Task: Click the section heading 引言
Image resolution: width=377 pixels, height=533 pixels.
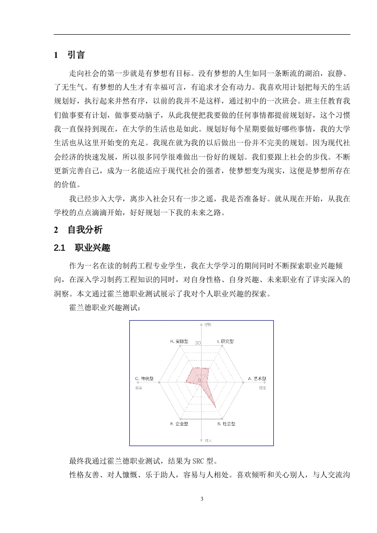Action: coord(76,55)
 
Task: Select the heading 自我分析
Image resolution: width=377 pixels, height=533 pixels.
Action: coord(85,230)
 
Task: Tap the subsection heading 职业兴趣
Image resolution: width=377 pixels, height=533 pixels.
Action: coord(93,247)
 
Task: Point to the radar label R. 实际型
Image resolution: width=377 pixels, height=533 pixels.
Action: coord(179,342)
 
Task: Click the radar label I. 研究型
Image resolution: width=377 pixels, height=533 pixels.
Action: coord(225,342)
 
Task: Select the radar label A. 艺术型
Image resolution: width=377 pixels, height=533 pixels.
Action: coord(257,379)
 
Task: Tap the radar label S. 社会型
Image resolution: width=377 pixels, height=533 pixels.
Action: coord(226,423)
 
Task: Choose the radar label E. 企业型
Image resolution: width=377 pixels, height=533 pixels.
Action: coord(179,423)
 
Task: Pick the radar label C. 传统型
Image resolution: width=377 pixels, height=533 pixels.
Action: coord(145,379)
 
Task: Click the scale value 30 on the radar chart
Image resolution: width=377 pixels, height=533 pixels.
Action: coord(198,343)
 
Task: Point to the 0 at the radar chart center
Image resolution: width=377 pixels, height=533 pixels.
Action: coord(199,381)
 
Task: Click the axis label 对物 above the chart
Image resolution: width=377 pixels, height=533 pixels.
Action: coord(208,324)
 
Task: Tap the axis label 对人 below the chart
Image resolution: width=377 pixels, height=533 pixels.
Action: coord(208,441)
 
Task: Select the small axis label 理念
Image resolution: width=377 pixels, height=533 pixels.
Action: coord(262,388)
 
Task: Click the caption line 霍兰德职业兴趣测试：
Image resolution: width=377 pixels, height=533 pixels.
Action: coord(105,308)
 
